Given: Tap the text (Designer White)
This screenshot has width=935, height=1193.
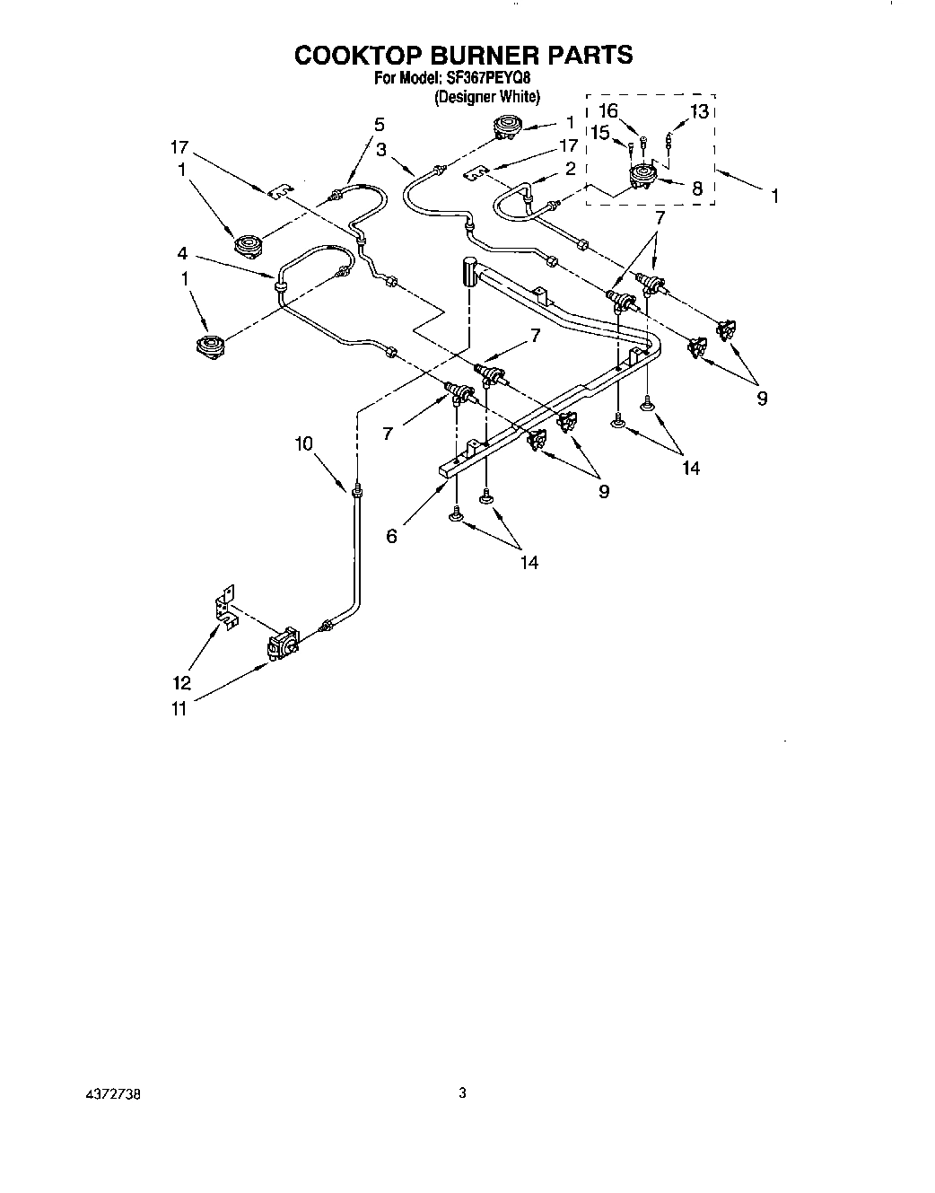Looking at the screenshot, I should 487,97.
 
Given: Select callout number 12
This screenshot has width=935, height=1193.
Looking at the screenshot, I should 182,683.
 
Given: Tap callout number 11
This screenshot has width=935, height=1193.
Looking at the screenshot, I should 179,709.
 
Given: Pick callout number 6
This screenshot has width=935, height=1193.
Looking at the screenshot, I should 391,536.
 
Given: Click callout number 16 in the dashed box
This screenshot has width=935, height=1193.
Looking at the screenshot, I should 608,111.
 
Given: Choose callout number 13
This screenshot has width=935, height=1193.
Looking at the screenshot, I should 699,111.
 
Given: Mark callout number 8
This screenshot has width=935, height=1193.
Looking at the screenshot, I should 695,189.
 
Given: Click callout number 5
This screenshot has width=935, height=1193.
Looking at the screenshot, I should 379,124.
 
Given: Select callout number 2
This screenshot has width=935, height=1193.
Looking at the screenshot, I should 568,168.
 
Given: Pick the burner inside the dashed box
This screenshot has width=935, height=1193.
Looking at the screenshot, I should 642,178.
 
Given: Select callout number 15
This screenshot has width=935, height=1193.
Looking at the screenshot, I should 599,132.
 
